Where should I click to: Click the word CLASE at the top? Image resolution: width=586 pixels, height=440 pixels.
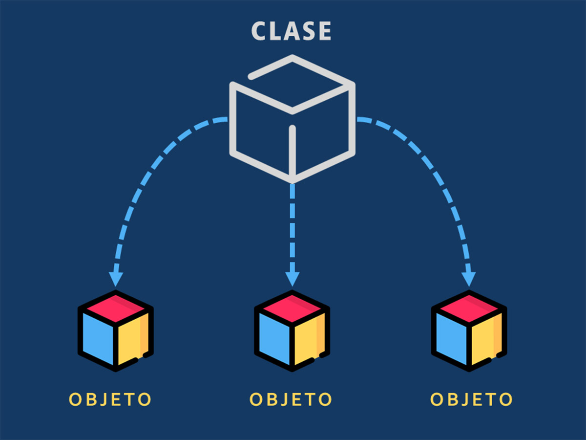pyautogui.click(x=292, y=31)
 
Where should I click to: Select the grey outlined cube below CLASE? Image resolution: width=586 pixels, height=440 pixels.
pyautogui.click(x=292, y=119)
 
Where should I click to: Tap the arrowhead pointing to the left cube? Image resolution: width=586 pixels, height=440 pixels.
pyautogui.click(x=115, y=279)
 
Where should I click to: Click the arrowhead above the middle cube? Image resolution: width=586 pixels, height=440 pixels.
pyautogui.click(x=292, y=279)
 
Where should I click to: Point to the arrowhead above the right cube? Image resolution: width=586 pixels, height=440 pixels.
pyautogui.click(x=469, y=279)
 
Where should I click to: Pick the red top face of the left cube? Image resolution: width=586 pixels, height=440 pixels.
pyautogui.click(x=115, y=307)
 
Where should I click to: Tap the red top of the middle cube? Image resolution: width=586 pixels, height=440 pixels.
pyautogui.click(x=292, y=307)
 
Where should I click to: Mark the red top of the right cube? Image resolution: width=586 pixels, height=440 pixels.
pyautogui.click(x=469, y=307)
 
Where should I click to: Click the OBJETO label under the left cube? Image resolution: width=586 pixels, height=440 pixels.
pyautogui.click(x=110, y=399)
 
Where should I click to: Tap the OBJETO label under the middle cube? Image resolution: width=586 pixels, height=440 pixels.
pyautogui.click(x=291, y=399)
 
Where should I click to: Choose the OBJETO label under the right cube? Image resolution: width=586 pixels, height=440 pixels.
pyautogui.click(x=472, y=399)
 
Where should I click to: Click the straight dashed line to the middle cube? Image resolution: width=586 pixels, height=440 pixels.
pyautogui.click(x=292, y=225)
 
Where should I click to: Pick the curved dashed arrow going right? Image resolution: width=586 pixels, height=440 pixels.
pyautogui.click(x=436, y=171)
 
